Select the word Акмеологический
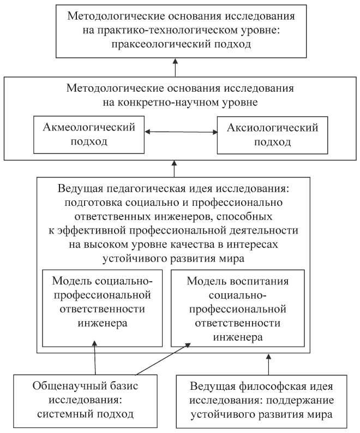pos(88,128)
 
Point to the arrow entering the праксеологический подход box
pos(176,67)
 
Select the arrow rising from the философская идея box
pos(268,363)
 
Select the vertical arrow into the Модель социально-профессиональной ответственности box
pos(95,358)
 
